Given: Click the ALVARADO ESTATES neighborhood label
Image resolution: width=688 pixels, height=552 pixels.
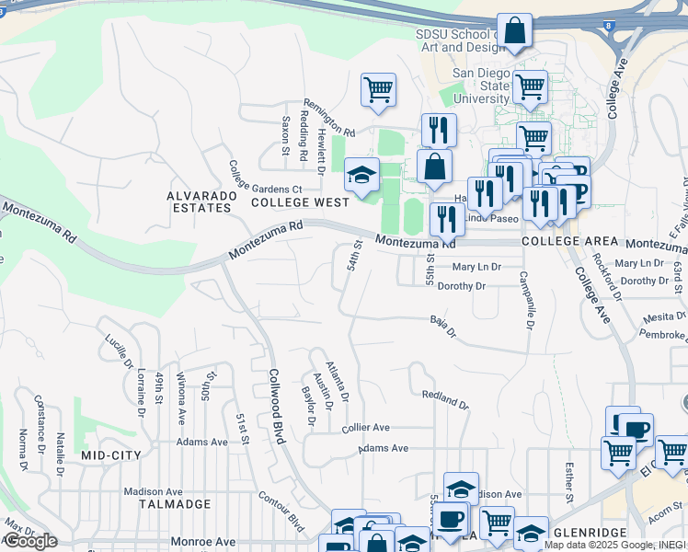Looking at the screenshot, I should (x=199, y=201).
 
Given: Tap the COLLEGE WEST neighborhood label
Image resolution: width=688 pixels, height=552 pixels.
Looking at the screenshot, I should (x=300, y=201).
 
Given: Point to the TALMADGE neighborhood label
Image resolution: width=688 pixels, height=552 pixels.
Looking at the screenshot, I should (x=175, y=504).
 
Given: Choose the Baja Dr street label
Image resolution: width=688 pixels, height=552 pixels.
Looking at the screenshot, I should (x=442, y=326).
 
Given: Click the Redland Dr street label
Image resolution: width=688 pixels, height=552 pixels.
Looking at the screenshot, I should (x=445, y=399).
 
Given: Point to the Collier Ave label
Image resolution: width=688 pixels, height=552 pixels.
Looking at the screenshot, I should (x=366, y=428).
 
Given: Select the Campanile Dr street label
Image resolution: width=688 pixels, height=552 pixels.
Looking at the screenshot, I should (x=526, y=300).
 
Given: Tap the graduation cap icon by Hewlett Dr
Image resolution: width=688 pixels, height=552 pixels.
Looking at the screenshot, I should (x=361, y=175).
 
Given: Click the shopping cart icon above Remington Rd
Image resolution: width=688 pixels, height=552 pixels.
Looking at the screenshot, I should (x=378, y=90).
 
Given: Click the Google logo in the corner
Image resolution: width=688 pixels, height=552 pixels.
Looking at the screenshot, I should (x=30, y=541).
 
